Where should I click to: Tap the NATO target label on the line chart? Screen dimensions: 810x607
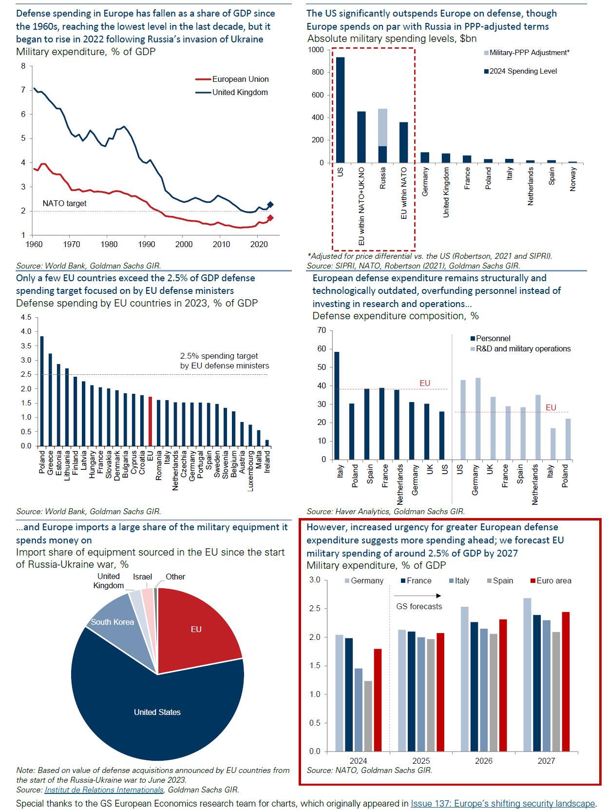[x=64, y=203]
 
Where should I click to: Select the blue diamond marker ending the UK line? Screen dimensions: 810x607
[x=270, y=205]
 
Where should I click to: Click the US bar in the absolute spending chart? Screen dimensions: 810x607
[x=340, y=110]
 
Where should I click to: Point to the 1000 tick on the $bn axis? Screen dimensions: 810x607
[x=315, y=50]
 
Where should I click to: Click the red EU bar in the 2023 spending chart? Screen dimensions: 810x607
[x=150, y=422]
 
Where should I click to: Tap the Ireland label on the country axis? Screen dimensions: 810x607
[x=267, y=462]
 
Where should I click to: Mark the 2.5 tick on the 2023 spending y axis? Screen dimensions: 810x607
[x=26, y=374]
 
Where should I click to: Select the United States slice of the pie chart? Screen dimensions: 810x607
[x=157, y=712]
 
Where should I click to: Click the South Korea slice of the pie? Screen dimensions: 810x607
[x=112, y=622]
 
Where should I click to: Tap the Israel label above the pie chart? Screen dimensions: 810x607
[x=142, y=577]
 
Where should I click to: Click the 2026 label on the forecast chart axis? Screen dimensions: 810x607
[x=483, y=761]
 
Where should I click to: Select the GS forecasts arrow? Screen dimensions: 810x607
[x=417, y=596]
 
